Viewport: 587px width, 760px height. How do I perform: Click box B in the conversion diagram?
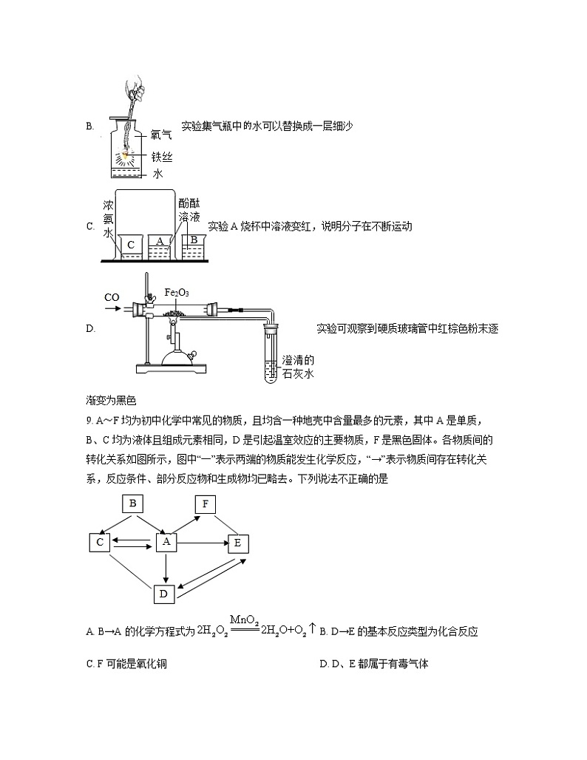tap(133, 503)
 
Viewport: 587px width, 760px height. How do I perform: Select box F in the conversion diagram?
tap(205, 504)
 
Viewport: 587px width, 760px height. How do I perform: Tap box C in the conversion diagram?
tap(99, 542)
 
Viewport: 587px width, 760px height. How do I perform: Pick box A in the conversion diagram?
tap(166, 542)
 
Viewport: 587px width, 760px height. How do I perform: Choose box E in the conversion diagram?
tap(237, 543)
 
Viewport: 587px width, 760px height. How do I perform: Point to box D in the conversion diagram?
tap(164, 593)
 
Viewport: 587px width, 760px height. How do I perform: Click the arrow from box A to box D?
tap(166, 567)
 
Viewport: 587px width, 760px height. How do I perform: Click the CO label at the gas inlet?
tap(112, 297)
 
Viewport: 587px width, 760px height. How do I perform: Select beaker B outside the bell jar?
tap(193, 244)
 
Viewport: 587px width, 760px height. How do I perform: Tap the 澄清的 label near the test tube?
tap(298, 361)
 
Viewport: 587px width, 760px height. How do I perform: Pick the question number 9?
tap(89, 421)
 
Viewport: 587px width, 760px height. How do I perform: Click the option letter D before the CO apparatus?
tap(90, 328)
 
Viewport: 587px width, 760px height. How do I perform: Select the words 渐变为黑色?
tap(112, 401)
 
